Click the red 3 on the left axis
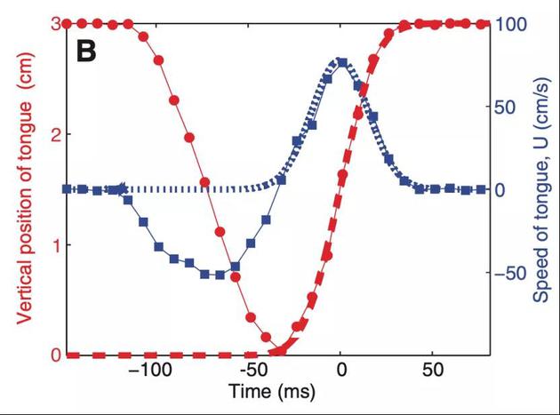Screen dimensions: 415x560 54,23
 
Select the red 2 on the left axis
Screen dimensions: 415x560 54,134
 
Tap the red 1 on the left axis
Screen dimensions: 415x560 54,244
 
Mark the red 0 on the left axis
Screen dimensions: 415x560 54,355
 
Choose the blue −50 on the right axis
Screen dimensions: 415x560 511,272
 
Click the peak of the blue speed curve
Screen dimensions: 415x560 341,61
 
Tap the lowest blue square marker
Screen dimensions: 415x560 219,275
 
